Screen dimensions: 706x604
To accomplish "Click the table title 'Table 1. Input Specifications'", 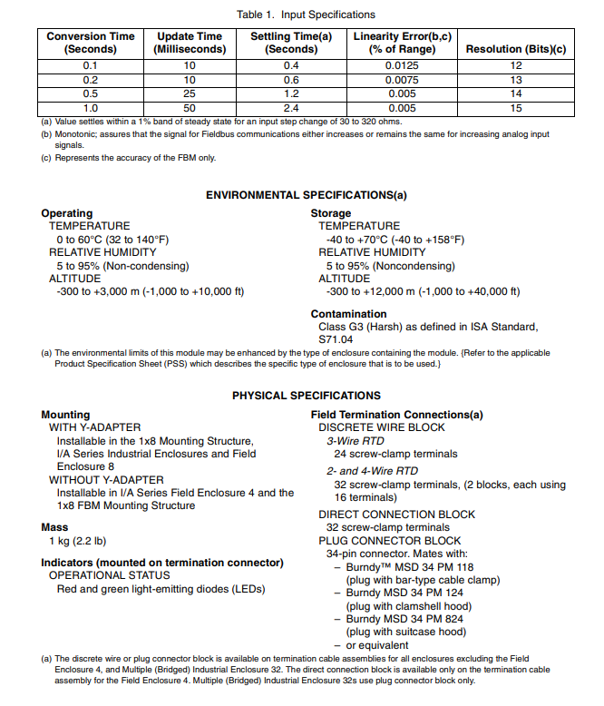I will click(x=306, y=15).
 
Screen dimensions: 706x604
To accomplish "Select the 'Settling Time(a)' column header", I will click(x=291, y=43).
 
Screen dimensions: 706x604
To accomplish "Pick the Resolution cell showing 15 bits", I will click(x=515, y=108).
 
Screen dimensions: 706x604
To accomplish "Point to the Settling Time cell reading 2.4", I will click(x=291, y=108).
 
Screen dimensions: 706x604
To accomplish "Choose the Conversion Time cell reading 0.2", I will click(x=91, y=80).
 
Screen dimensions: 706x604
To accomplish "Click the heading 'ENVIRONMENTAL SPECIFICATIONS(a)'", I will click(x=306, y=195).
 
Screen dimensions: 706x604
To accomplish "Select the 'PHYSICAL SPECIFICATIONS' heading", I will click(x=306, y=396).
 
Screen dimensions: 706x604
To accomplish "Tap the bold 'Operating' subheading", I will click(x=67, y=213).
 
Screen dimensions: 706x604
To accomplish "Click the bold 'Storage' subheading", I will click(x=331, y=213).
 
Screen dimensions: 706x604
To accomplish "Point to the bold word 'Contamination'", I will click(x=348, y=315).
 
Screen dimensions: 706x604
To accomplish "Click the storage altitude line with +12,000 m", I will click(x=422, y=291).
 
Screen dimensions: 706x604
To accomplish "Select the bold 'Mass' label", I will click(x=55, y=527).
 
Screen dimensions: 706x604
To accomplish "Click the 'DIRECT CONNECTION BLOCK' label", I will click(x=396, y=515).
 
